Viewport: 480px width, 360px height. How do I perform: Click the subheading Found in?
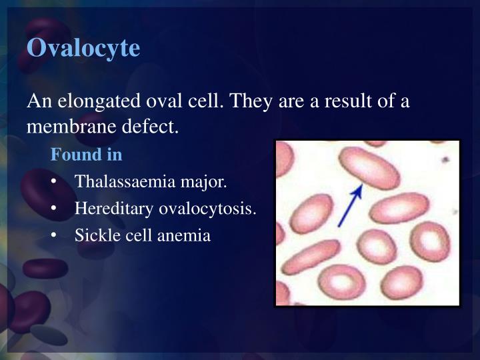click(x=87, y=155)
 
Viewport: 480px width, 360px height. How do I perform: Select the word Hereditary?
click(x=114, y=209)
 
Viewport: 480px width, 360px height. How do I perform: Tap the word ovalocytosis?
click(x=207, y=209)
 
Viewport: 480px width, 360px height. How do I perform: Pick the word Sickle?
click(x=94, y=235)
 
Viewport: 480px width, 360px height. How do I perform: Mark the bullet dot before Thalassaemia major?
click(x=53, y=182)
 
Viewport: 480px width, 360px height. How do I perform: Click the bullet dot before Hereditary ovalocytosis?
click(x=53, y=209)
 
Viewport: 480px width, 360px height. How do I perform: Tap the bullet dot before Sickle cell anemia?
click(x=53, y=236)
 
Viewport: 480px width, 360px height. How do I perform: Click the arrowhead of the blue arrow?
click(x=359, y=189)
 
